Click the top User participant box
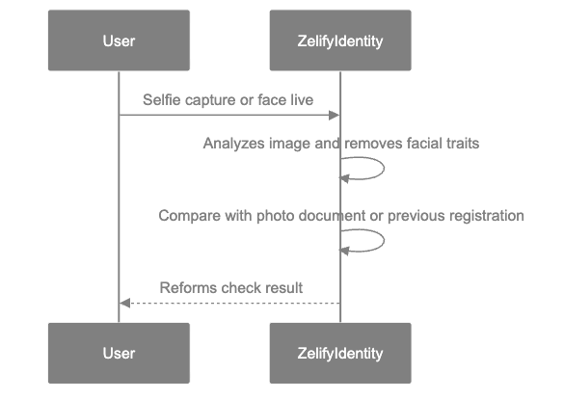(119, 40)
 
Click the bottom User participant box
(119, 353)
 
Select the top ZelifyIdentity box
(340, 40)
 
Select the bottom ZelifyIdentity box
(340, 353)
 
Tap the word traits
(461, 144)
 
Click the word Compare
(185, 216)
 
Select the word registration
(486, 216)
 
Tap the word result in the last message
(284, 287)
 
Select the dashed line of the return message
(231, 304)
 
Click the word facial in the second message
(418, 144)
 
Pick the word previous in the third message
(416, 216)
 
